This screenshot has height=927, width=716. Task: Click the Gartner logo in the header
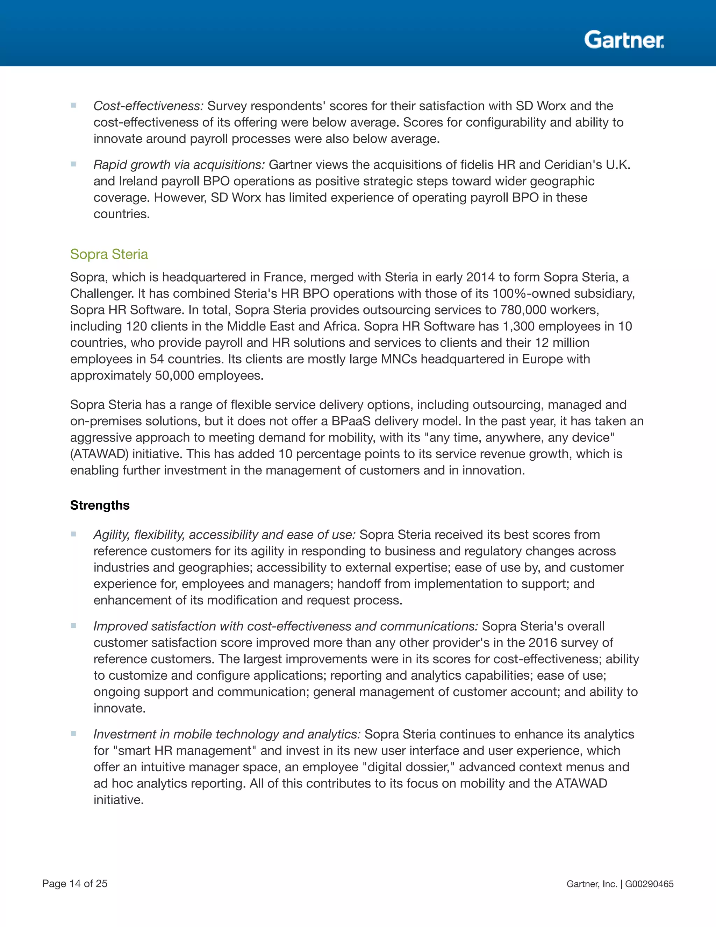coord(624,40)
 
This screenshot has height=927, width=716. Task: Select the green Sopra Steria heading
coord(109,254)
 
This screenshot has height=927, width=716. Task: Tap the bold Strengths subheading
coord(100,505)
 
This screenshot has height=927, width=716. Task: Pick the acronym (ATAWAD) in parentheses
coord(99,454)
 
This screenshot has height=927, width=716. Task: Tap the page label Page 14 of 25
coord(75,884)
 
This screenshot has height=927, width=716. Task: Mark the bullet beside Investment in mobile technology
coord(73,734)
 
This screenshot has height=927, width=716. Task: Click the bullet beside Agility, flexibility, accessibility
coord(73,535)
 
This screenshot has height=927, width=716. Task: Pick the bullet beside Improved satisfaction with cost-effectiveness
coord(73,626)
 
